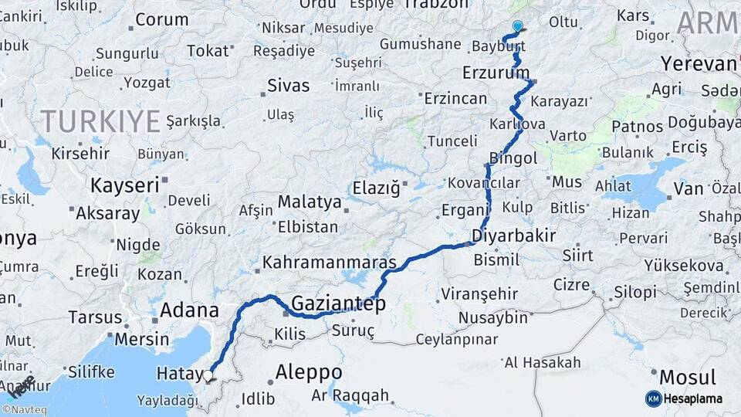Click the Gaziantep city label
pyautogui.click(x=338, y=303)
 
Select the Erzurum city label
pyautogui.click(x=496, y=73)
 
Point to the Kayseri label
pyautogui.click(x=124, y=185)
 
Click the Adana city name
pyautogui.click(x=189, y=311)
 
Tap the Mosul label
pyautogui.click(x=686, y=378)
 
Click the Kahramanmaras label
pyautogui.click(x=329, y=262)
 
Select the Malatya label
pyautogui.click(x=309, y=202)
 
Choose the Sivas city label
pyautogui.click(x=288, y=86)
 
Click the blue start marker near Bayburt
pyautogui.click(x=517, y=25)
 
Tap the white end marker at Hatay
pyautogui.click(x=208, y=375)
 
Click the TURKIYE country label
pyautogui.click(x=100, y=120)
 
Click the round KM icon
pyautogui.click(x=654, y=398)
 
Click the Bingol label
pyautogui.click(x=513, y=158)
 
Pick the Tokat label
pyautogui.click(x=208, y=51)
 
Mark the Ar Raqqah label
pyautogui.click(x=350, y=395)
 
